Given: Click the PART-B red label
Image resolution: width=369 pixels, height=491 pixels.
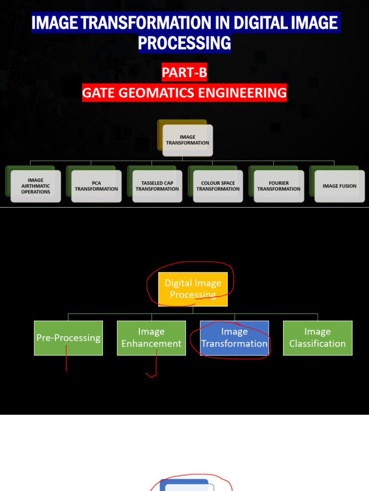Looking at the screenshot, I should [x=184, y=73].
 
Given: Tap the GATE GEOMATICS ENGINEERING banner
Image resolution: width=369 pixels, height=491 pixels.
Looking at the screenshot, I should [x=184, y=93].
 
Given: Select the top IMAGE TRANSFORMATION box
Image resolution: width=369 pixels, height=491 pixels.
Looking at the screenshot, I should [x=187, y=140].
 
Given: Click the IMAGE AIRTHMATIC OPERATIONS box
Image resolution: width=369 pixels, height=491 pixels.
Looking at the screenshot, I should [x=36, y=186].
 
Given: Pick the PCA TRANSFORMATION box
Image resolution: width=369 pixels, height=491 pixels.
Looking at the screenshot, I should [x=96, y=186].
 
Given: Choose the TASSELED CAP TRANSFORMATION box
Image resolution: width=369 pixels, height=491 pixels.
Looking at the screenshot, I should [x=157, y=186].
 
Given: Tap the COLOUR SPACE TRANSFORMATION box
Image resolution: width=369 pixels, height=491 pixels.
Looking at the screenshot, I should [x=218, y=186].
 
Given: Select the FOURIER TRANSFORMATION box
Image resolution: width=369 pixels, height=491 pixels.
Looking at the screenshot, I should [x=279, y=186].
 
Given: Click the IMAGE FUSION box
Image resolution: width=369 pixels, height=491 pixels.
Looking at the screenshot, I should [x=339, y=186].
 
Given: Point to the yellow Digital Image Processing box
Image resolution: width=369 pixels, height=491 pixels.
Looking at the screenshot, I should [x=193, y=289].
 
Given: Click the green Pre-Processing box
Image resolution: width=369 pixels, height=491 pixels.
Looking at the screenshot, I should [x=68, y=338].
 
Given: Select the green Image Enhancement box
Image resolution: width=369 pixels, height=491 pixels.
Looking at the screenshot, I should [x=151, y=338].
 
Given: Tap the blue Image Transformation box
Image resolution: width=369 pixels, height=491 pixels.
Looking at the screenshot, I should [x=234, y=338].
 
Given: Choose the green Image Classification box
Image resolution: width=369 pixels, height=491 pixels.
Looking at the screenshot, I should [x=318, y=338].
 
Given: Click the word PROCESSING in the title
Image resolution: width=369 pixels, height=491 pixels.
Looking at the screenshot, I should [x=184, y=43].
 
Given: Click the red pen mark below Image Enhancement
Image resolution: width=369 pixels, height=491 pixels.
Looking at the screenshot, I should [x=154, y=367].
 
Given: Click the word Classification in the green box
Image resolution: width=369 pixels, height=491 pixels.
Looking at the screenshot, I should [x=318, y=344].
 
